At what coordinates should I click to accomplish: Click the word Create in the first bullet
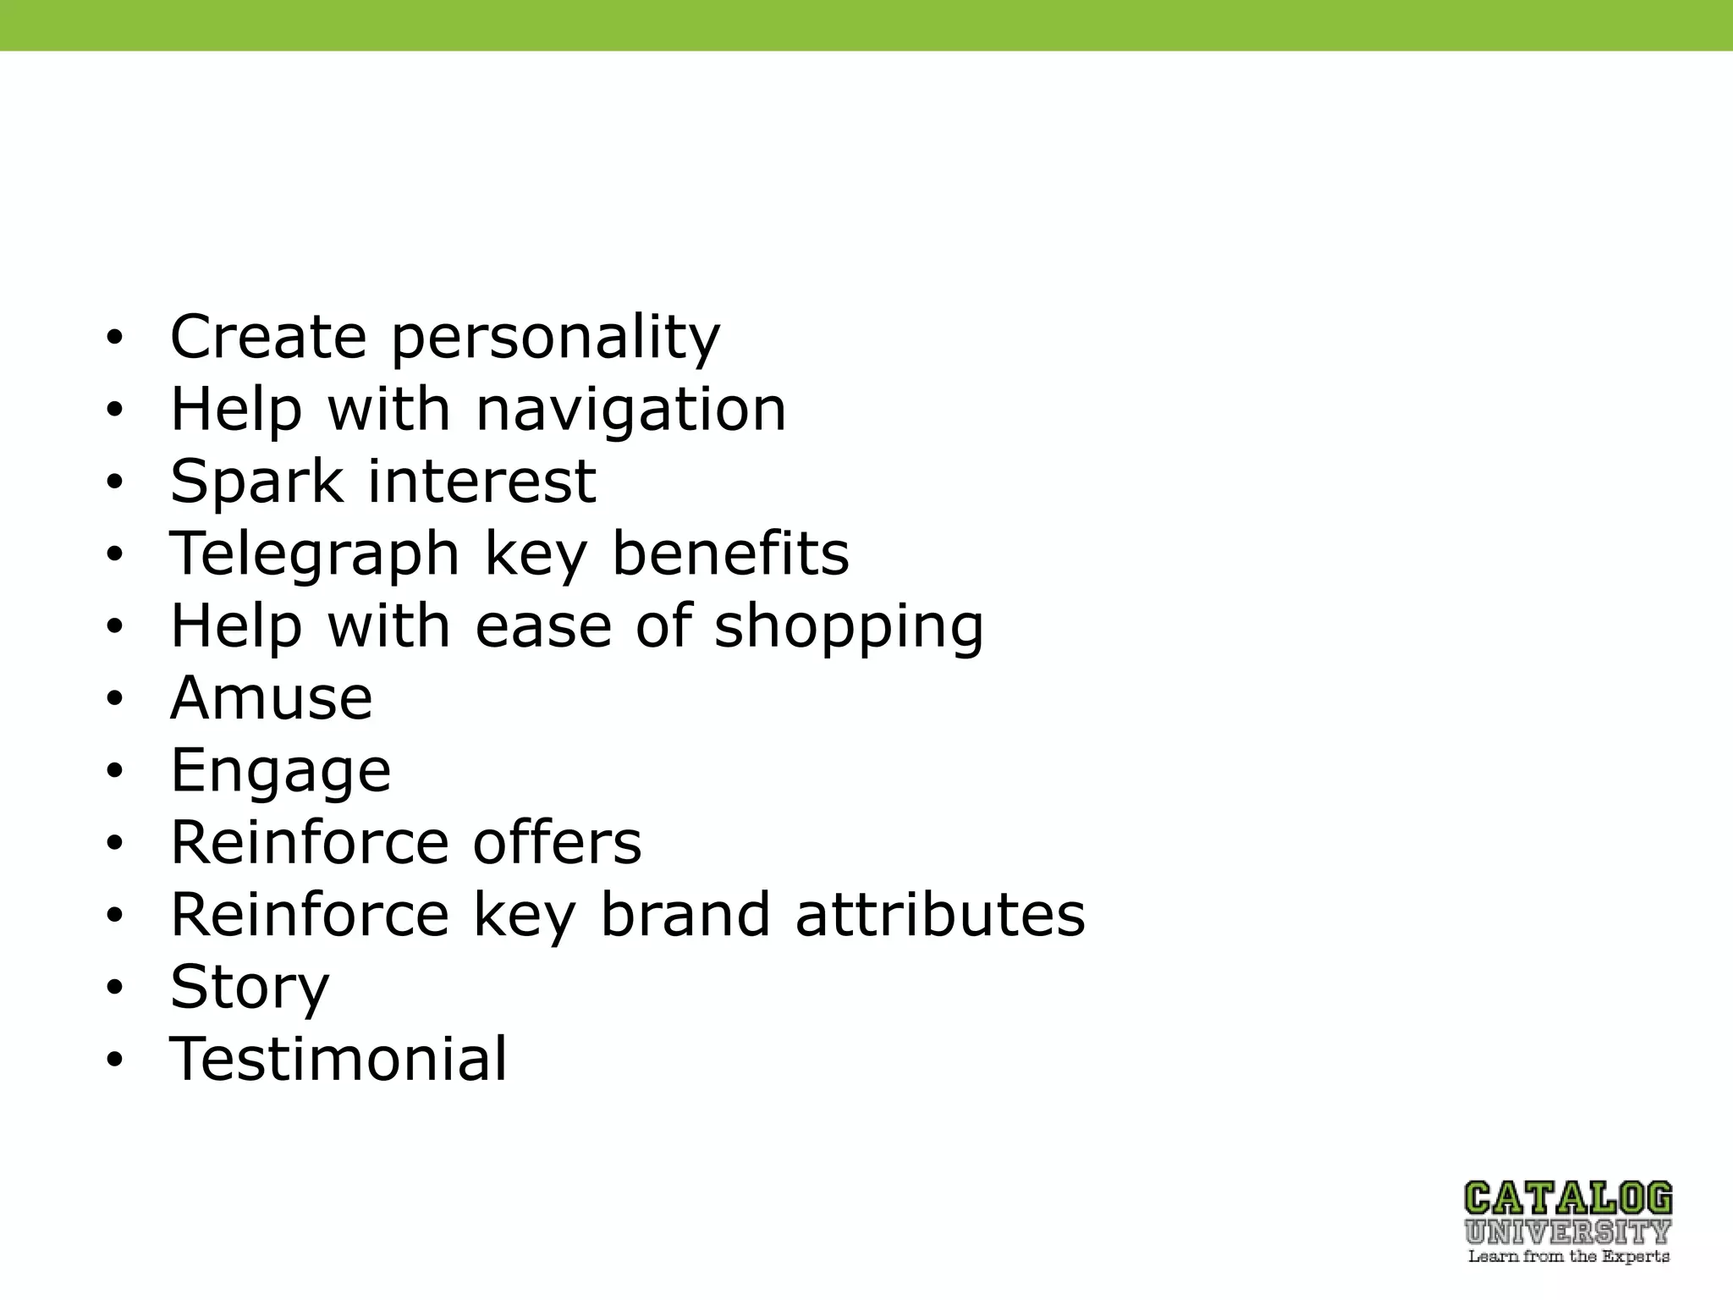(268, 337)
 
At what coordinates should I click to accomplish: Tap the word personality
(555, 339)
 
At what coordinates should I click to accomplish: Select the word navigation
(631, 410)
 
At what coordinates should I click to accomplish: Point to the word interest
(482, 482)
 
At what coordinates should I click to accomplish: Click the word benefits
(730, 554)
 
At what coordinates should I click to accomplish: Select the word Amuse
(272, 699)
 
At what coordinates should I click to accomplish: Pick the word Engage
(281, 772)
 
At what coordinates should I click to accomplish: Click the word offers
(558, 843)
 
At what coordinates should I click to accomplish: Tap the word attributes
(940, 915)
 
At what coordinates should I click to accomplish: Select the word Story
(250, 989)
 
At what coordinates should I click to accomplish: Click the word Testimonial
(338, 1060)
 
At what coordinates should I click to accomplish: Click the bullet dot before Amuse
(115, 699)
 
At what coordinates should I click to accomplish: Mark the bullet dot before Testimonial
(115, 1060)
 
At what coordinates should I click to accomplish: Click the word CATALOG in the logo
(1568, 1198)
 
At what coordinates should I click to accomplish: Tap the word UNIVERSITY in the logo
(1568, 1231)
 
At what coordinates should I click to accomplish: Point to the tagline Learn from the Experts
(1568, 1257)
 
